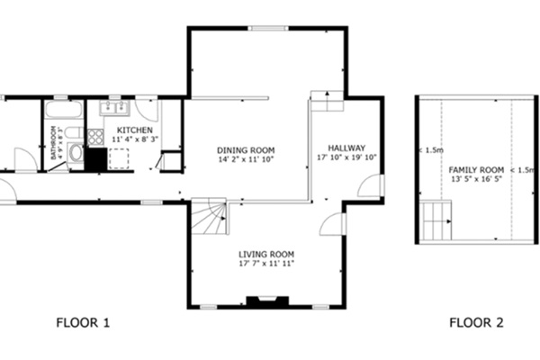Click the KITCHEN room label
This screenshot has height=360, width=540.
coord(134,130)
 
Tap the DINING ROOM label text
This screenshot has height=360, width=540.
coord(246,149)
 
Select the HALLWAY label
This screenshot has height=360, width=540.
coord(346,148)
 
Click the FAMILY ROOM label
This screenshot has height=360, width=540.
coord(476,170)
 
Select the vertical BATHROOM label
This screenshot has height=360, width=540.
coord(55,142)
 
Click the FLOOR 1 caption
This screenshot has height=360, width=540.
coord(83,322)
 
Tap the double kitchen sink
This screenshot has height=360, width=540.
coord(115,108)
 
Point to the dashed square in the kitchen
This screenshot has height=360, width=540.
coord(118,158)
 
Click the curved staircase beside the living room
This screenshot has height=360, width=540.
coord(211,217)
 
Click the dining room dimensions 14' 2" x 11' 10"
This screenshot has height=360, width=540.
coord(246,159)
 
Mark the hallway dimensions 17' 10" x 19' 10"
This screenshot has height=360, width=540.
coord(346,157)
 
